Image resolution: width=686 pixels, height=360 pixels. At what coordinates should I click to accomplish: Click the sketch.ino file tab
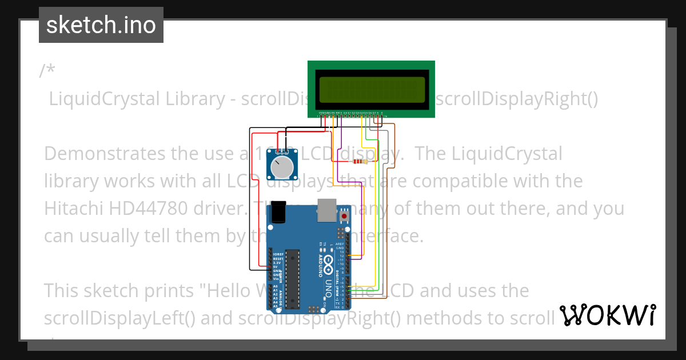(101, 26)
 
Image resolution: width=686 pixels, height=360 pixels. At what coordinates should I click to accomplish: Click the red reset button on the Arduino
(344, 217)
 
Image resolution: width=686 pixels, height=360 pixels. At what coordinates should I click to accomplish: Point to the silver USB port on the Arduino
(326, 210)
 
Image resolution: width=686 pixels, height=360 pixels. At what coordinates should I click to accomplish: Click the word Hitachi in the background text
(74, 208)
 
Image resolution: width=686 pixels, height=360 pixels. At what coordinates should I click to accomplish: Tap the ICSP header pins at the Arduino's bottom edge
(313, 309)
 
